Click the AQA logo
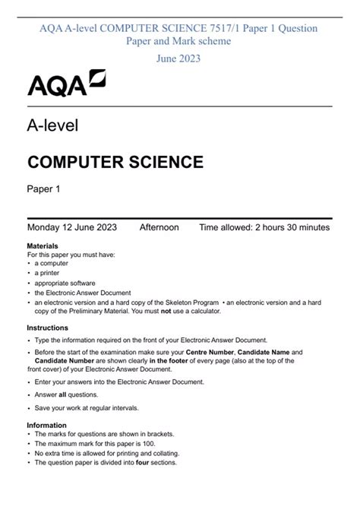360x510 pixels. coord(67,83)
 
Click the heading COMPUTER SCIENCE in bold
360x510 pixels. coord(115,162)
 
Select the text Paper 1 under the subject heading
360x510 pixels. coord(44,189)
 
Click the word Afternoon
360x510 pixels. coord(159,227)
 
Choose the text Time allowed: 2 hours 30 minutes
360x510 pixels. coord(264,227)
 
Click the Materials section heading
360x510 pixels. coord(43,247)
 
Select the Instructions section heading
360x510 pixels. coord(48,328)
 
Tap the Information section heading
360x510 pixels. coord(47,426)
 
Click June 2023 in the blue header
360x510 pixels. coord(179,58)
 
